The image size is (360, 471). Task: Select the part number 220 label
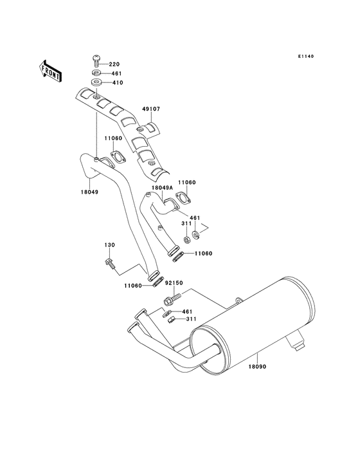[x=114, y=64]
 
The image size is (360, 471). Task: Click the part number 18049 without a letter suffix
[x=89, y=191]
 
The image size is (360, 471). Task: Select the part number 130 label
[x=110, y=245]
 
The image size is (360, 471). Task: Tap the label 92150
[x=174, y=282]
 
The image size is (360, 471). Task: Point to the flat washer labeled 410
[x=95, y=82]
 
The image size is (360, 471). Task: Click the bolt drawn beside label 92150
[x=171, y=299]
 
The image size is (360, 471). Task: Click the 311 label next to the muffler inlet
[x=192, y=319]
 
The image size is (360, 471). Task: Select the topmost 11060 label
[x=113, y=138]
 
